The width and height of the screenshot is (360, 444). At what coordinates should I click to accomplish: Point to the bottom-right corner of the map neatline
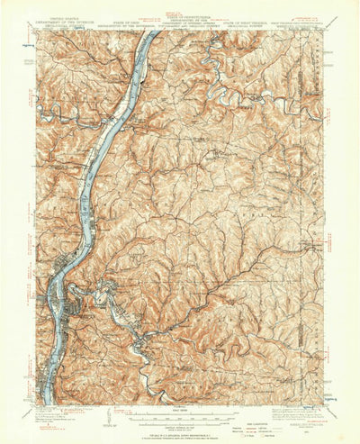pos(323,404)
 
